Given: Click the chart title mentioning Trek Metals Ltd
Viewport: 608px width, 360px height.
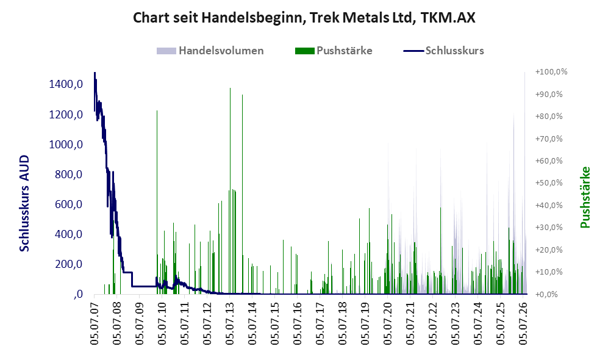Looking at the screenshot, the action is pos(304,18).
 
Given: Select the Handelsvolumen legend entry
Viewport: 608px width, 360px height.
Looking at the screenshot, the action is pos(210,51).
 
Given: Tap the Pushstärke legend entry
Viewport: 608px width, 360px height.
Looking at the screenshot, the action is pos(334,51).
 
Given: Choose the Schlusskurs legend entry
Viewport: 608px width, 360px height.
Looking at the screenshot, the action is pos(443,51).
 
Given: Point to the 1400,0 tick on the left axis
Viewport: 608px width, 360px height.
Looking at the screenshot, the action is pos(66,84).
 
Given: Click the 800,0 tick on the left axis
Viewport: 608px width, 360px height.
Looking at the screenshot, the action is pos(69,175).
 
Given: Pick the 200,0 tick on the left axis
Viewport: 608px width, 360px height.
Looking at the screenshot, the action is pos(69,264).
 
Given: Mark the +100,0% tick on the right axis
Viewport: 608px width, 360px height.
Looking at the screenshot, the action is pos(551,72).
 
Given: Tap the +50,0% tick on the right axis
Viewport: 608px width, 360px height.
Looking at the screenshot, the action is pos(549,182).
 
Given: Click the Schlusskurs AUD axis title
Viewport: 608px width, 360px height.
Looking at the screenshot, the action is pos(24,203).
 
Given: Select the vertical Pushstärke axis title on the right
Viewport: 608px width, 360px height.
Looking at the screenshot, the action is pos(585,197).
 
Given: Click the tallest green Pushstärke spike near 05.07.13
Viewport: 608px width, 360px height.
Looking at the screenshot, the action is pos(230,190).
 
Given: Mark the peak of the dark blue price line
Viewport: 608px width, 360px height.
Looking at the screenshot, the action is pos(95,73).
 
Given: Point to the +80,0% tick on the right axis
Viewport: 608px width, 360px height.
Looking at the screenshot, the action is pos(549,117).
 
